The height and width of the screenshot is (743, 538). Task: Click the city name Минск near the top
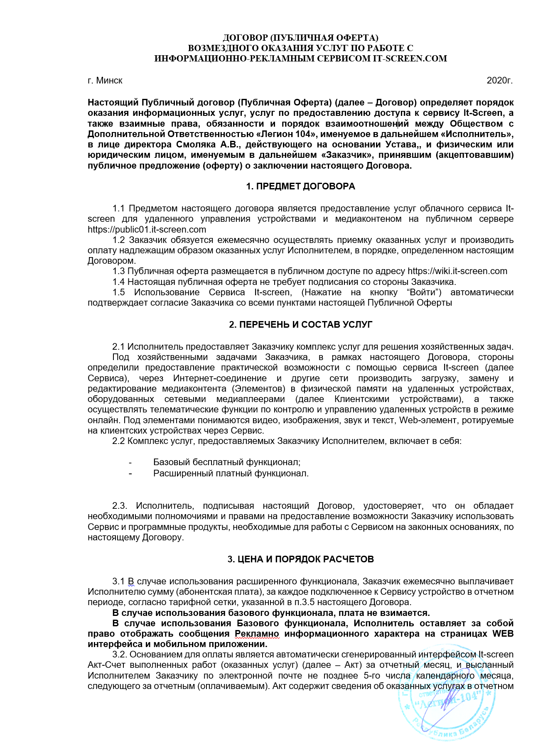click(x=109, y=81)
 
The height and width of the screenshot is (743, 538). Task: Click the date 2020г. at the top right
click(x=499, y=81)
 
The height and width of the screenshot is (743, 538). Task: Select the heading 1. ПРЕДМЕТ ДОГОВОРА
click(x=300, y=186)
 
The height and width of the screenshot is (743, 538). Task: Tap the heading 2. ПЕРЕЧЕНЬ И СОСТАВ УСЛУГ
click(x=300, y=325)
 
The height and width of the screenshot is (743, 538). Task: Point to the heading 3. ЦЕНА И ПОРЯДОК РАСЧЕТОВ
click(x=300, y=559)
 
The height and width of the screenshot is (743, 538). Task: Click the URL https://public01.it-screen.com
click(x=147, y=229)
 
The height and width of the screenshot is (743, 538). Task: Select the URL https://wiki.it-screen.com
click(x=457, y=271)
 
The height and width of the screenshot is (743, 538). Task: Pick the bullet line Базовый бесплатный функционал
click(x=226, y=462)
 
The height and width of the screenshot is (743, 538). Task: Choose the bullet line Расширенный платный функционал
click(x=231, y=473)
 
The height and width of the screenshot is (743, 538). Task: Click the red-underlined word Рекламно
click(x=257, y=634)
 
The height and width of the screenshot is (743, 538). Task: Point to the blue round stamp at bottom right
click(x=447, y=698)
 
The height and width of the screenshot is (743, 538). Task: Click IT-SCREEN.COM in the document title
click(x=410, y=59)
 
